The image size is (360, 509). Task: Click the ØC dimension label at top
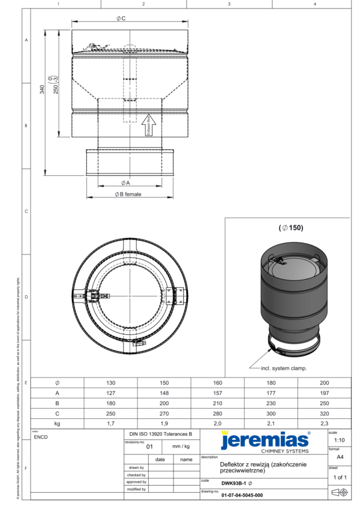(121, 19)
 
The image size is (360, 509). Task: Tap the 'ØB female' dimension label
(128, 194)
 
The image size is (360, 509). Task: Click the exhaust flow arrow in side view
(151, 125)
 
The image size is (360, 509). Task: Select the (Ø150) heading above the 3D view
(292, 228)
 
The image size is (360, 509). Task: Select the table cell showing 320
(324, 414)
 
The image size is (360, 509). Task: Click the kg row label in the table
(57, 423)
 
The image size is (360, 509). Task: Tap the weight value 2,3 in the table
(324, 423)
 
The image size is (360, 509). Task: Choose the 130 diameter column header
(111, 383)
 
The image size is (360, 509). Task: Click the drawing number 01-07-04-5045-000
(242, 495)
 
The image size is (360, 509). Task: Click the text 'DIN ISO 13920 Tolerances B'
(161, 433)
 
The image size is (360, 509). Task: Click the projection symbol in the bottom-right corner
(339, 493)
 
